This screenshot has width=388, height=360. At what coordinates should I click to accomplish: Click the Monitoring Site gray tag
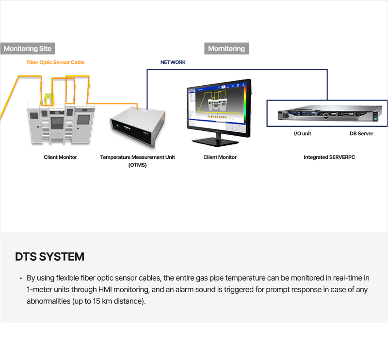coord(28,48)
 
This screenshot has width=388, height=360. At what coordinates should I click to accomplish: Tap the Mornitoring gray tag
coord(226,48)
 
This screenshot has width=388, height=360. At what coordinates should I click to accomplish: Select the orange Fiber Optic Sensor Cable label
coord(55,63)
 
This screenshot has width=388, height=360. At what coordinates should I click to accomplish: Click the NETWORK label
coord(173,63)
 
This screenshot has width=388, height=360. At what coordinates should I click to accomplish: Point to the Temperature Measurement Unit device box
coord(138,128)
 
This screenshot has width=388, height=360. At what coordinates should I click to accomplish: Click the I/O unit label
coord(303,134)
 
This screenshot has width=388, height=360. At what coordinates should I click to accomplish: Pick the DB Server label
coord(361,134)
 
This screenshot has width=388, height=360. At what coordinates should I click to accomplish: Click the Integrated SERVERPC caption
coord(329,157)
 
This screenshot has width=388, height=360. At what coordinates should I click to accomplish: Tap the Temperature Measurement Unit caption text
coord(137,157)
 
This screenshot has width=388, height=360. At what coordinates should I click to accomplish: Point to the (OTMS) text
coord(137,165)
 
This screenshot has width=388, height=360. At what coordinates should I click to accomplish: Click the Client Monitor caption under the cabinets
coord(60,157)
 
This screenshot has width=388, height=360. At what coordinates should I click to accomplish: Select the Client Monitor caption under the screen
coord(220,157)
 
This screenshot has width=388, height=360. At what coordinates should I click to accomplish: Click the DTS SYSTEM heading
coord(49,257)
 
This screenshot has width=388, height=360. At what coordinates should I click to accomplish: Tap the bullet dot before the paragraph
coord(20,279)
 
